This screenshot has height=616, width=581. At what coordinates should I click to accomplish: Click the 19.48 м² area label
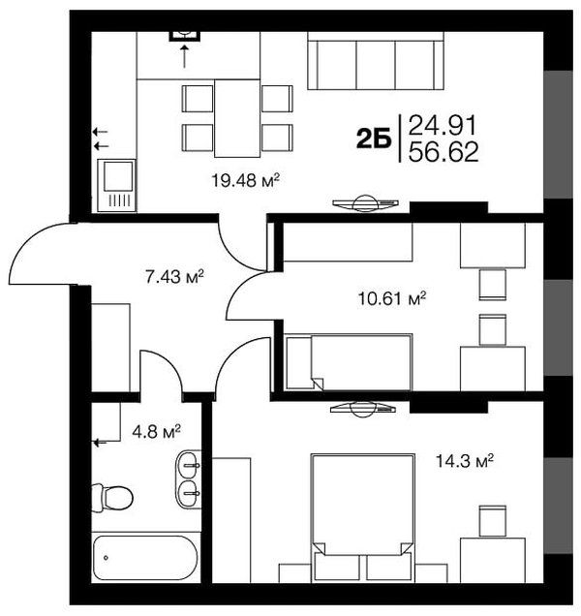[246, 181]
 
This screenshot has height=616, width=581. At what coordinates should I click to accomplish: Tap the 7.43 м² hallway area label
[174, 277]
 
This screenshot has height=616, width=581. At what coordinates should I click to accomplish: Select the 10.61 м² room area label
[391, 298]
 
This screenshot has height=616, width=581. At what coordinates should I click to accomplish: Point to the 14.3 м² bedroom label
[465, 460]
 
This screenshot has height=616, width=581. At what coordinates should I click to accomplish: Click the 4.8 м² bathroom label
[156, 431]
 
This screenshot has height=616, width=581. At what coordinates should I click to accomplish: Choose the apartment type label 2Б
[374, 139]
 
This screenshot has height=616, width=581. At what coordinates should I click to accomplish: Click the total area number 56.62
[443, 152]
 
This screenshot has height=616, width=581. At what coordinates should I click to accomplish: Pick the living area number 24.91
[443, 125]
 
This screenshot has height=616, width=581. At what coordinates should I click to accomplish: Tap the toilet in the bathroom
[112, 498]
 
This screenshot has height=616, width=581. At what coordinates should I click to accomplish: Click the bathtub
[145, 558]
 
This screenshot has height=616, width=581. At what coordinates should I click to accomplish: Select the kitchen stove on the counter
[116, 185]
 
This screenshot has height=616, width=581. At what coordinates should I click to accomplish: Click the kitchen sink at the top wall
[185, 35]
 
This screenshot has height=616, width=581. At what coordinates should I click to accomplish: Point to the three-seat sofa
[376, 61]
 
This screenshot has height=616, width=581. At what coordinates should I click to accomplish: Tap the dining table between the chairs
[237, 118]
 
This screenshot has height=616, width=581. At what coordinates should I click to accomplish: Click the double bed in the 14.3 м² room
[362, 518]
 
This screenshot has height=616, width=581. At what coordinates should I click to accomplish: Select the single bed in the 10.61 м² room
[349, 362]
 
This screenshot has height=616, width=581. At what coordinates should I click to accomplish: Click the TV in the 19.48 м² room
[365, 204]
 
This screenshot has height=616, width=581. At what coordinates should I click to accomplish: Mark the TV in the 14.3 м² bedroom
[362, 409]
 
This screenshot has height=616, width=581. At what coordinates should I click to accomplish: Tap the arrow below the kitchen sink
[184, 56]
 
